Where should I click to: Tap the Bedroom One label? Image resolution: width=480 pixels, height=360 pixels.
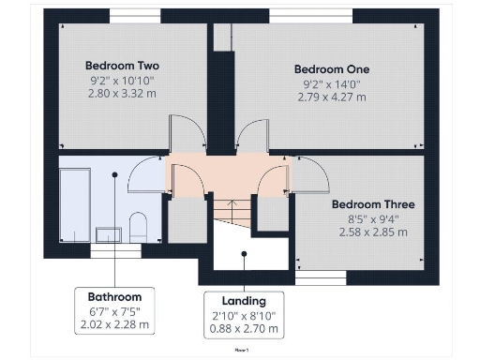point(332,69)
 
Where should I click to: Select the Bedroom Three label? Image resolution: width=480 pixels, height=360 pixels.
point(373,204)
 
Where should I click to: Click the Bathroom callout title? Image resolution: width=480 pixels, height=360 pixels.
point(114,296)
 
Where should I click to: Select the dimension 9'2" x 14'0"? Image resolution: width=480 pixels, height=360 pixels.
point(332,83)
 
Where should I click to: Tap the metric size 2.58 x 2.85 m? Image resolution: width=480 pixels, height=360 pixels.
point(373,232)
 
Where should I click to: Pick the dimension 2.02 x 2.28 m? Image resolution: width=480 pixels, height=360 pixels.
point(114,324)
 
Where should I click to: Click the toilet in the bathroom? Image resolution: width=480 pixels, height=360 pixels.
point(138,226)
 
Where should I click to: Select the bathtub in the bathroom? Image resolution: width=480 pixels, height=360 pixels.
point(74,202)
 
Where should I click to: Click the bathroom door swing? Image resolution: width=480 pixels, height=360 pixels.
point(146,173)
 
